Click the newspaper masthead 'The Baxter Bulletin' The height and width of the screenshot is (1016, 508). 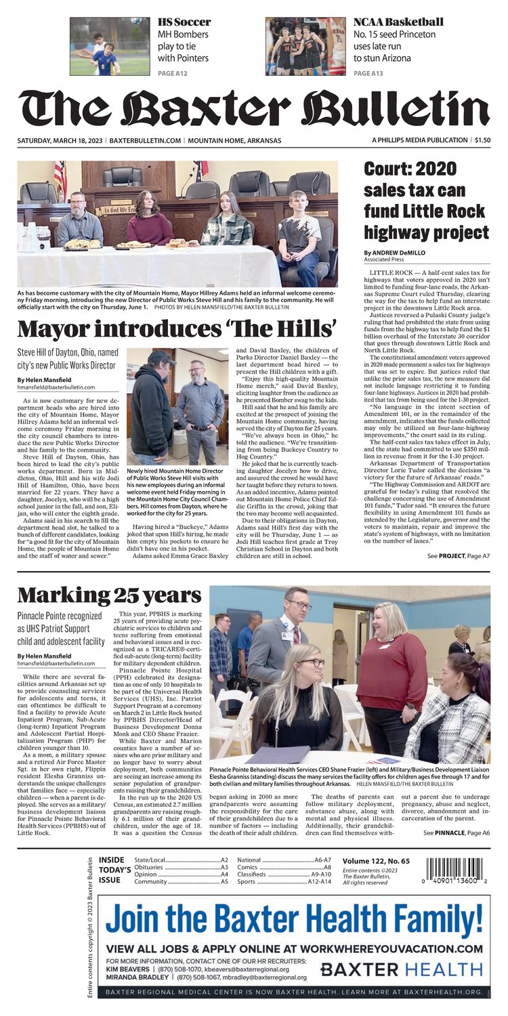pyautogui.click(x=253, y=108)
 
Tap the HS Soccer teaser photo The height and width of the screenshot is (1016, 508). pyautogui.click(x=110, y=46)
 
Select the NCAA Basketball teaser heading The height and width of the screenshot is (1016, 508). pyautogui.click(x=398, y=22)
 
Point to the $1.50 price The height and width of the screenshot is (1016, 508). pyautogui.click(x=482, y=140)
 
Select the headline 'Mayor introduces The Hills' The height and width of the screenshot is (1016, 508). pyautogui.click(x=177, y=329)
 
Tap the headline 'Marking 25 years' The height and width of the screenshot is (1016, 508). pyautogui.click(x=108, y=596)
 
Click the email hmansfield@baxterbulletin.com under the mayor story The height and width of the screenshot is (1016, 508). pyautogui.click(x=56, y=387)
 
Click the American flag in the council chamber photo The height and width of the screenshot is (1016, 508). pyautogui.click(x=60, y=178)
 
